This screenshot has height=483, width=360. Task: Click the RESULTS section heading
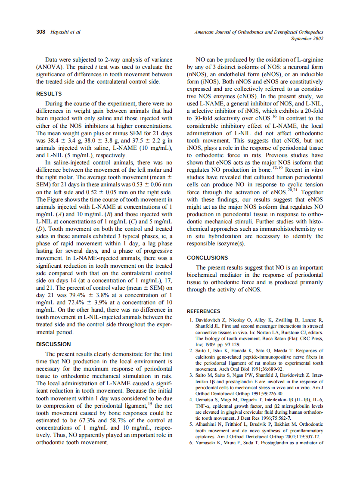(49, 93)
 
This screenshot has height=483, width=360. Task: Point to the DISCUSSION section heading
(53, 344)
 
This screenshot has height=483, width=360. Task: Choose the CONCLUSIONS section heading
(207, 257)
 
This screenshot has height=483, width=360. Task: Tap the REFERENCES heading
(203, 311)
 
